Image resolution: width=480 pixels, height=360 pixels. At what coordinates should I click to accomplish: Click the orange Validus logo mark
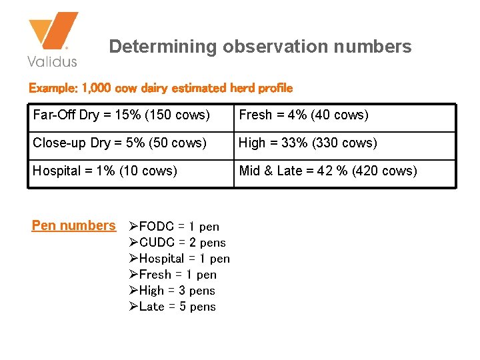tap(53, 33)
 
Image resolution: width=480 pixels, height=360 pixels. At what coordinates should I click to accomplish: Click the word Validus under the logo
tap(52, 61)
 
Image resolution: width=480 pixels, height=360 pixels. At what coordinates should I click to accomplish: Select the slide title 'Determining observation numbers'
tap(260, 47)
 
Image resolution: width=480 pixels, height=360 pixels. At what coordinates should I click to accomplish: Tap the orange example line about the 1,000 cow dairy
tap(160, 88)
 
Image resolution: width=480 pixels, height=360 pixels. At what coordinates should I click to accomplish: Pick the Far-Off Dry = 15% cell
tap(121, 115)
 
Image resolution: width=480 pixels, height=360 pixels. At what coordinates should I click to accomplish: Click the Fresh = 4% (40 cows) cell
tap(303, 115)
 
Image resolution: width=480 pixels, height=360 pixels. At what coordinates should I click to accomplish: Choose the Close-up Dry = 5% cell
tap(119, 143)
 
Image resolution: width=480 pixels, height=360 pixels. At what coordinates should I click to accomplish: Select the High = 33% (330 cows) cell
tap(307, 143)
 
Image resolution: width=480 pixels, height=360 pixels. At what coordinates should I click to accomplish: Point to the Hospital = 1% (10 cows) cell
tap(105, 171)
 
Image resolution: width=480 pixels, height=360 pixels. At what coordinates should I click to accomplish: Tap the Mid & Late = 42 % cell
tap(328, 171)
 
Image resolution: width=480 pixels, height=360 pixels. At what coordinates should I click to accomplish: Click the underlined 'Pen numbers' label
tap(73, 226)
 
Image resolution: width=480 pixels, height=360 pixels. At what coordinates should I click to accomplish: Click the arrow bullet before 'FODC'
tap(133, 227)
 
